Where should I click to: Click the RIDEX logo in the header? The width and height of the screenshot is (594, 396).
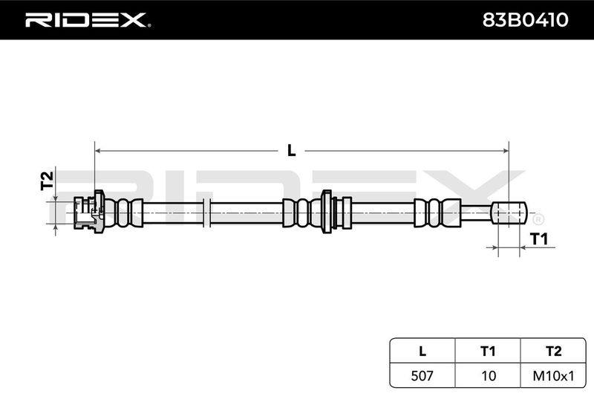88,20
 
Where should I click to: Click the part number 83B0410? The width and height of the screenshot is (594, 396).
525,20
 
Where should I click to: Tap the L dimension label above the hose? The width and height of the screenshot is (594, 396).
291,151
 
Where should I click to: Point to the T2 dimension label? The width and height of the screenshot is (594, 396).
47,181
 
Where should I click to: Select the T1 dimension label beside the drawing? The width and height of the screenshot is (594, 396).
539,239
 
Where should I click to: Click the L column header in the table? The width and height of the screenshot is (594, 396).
422,351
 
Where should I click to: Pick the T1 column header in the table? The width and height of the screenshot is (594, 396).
488,351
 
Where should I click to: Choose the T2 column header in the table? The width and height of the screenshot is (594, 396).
553,351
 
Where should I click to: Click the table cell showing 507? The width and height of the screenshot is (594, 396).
422,376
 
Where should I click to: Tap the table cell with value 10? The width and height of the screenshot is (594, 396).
488,376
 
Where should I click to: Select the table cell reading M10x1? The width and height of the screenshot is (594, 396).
553,376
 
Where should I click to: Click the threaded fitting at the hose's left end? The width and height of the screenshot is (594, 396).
88,212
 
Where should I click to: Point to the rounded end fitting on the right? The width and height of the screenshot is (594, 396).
509,212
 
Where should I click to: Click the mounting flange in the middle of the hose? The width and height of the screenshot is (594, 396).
327,212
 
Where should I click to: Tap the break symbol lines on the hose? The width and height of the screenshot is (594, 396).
206,212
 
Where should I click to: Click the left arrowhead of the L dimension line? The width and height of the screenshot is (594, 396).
97,151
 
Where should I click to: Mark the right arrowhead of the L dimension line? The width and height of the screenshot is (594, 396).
506,151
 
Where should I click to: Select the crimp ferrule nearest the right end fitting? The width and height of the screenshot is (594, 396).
437,212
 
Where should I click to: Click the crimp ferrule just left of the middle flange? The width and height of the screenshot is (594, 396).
301,212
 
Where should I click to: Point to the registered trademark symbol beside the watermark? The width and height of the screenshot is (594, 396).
538,219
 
